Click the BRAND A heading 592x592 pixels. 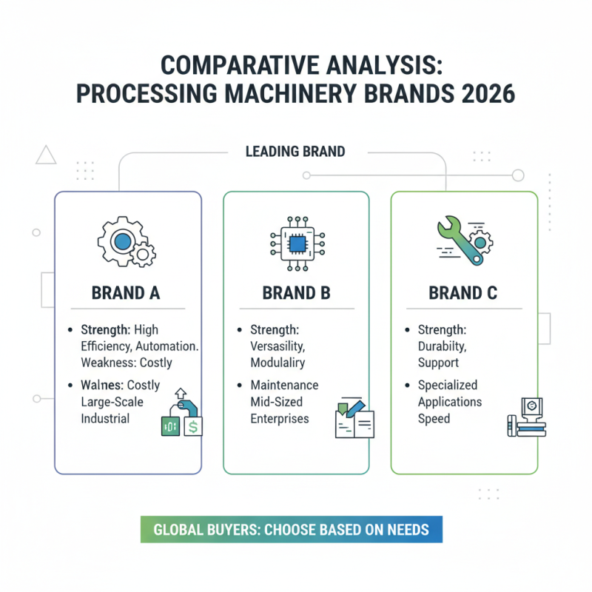coord(126,292)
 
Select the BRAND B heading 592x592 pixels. coord(296,292)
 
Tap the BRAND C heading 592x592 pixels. coord(464,292)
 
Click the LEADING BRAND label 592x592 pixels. coord(295,152)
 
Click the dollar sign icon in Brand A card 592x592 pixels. coord(193,426)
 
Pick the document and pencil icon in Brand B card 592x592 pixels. coord(354,419)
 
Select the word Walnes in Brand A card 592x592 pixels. coord(103,385)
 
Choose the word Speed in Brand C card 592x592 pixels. coord(434,419)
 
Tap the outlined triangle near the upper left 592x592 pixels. coord(46,155)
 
